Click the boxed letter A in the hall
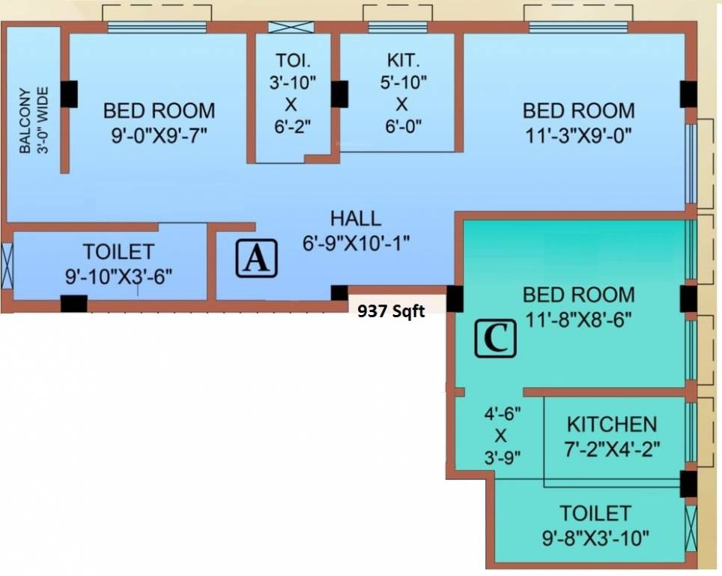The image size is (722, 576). [x=257, y=259]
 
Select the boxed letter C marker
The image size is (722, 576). [x=496, y=338]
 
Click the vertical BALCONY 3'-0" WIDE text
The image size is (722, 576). [x=34, y=120]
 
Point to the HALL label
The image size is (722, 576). [x=355, y=219]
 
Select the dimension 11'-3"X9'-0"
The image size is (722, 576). [x=578, y=135]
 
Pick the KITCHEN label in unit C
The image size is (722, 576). [x=611, y=424]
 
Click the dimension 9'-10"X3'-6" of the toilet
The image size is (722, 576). [x=118, y=275]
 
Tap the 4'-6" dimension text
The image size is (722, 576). [x=501, y=412]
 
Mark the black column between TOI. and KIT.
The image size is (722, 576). [x=339, y=94]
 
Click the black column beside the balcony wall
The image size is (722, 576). [x=69, y=94]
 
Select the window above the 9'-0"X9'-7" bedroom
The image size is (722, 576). [x=157, y=28]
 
